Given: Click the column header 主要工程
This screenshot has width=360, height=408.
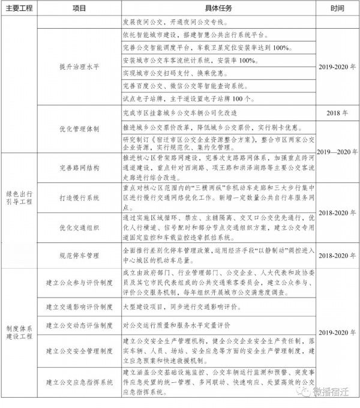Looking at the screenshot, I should tap(20, 9).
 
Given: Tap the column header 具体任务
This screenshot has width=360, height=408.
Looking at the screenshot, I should tap(217, 9).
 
